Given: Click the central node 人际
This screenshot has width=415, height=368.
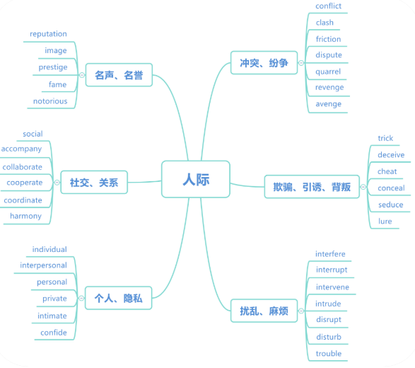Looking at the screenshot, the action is click(196, 179).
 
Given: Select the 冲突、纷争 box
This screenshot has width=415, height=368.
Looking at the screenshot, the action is click(264, 62).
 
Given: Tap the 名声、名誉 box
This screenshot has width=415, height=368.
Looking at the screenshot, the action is click(119, 75).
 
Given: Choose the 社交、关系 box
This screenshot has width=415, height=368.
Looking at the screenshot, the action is click(94, 183).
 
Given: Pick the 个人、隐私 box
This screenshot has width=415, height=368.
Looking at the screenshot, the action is click(119, 298).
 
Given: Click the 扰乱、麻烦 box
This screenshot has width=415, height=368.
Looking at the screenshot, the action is click(264, 311).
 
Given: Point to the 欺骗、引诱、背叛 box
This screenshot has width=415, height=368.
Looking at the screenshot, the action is click(312, 187).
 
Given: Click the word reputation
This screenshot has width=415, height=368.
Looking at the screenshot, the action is click(48, 34).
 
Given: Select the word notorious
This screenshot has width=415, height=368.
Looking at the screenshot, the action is click(50, 101).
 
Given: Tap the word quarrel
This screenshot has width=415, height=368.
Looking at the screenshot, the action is click(328, 71).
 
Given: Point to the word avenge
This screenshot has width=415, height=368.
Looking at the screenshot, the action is click(329, 104).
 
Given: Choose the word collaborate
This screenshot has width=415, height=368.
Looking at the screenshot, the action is click(22, 167).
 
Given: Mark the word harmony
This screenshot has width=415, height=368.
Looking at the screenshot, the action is click(25, 216).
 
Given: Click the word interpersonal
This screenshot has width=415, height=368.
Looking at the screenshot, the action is click(43, 265).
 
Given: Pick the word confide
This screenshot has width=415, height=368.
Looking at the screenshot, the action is click(54, 333).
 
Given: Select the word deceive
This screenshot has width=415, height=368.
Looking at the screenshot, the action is click(391, 155).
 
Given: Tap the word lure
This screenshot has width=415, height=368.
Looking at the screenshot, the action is click(385, 222).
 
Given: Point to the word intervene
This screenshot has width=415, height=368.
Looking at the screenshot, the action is click(332, 287).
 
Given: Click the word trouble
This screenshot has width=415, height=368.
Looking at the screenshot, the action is click(329, 353).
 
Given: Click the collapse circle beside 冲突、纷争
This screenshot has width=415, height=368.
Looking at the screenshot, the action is click(301, 63).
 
